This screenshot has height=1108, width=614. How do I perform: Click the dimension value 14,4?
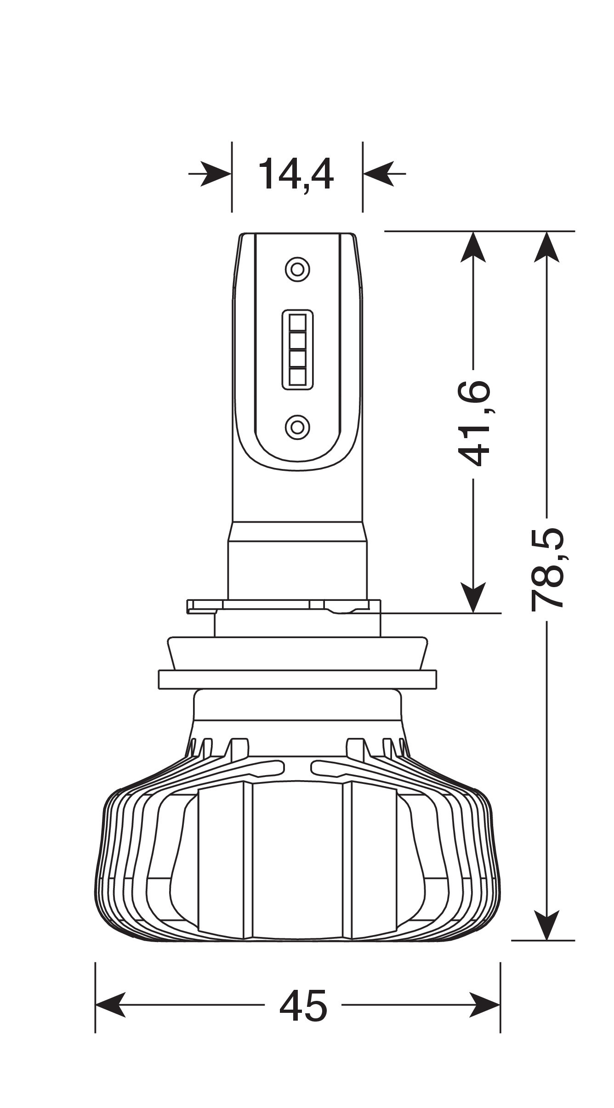coord(296,175)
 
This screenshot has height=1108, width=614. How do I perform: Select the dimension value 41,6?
coord(474,423)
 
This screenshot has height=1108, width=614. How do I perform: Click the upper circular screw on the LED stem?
coord(297,269)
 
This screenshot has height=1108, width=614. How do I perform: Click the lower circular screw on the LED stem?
coord(297,427)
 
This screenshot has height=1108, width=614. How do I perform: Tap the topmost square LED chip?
coord(298,322)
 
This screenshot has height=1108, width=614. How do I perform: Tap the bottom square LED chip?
coord(298,377)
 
